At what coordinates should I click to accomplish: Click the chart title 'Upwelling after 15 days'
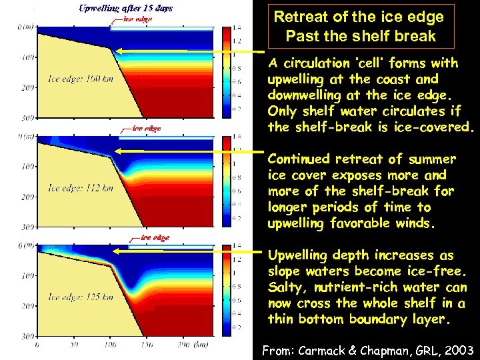click(125, 9)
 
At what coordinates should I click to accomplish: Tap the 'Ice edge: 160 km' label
click(75, 79)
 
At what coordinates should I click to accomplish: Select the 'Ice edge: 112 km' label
click(75, 188)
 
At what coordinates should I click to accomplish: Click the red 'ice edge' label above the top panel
click(137, 19)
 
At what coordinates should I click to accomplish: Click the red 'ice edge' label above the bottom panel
click(154, 237)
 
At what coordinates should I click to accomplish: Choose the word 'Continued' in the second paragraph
click(298, 159)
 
